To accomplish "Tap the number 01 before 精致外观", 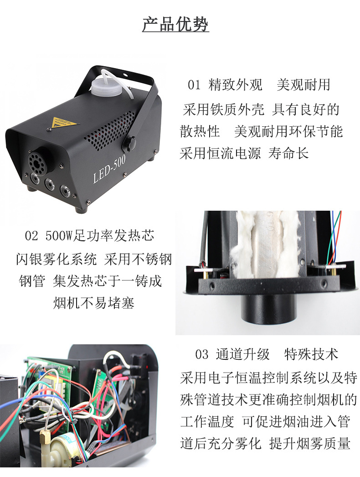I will click(194, 85).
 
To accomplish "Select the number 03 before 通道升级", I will click(201, 354).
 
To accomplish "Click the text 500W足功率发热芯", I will click(100, 236).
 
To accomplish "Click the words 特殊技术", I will click(311, 354).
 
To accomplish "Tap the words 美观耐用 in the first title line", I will click(303, 85).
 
